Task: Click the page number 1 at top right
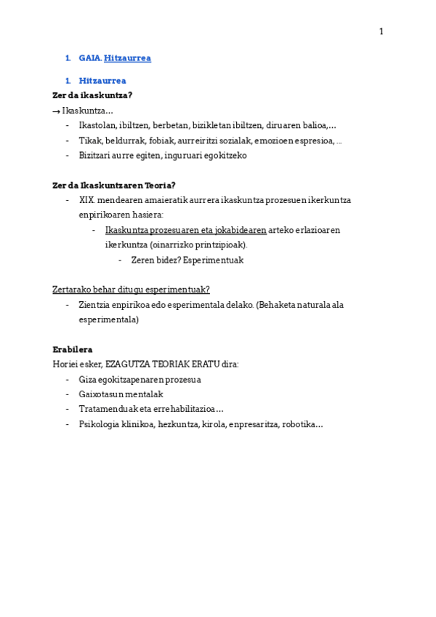(x=381, y=31)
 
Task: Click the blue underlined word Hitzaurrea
(x=127, y=58)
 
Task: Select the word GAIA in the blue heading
(x=90, y=58)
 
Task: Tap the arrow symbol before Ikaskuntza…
(x=56, y=111)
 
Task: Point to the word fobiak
(x=162, y=140)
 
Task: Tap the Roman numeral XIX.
(x=87, y=200)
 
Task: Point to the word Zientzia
(x=96, y=305)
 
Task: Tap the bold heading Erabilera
(x=72, y=349)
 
